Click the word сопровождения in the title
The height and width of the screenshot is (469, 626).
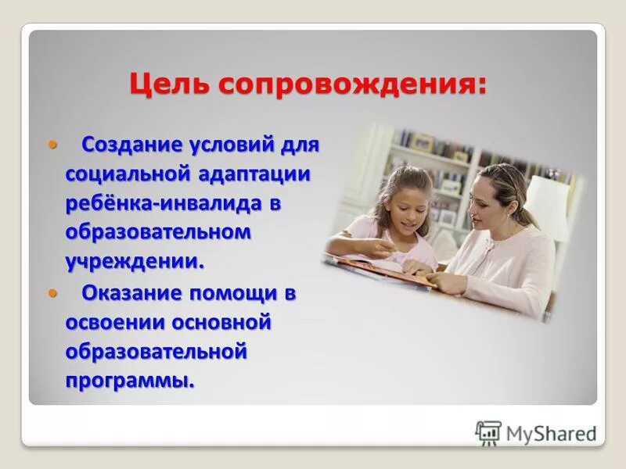352,84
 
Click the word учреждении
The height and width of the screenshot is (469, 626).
135,260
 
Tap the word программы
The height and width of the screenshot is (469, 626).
130,381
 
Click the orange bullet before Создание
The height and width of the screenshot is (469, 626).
53,145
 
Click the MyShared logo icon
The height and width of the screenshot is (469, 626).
488,433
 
